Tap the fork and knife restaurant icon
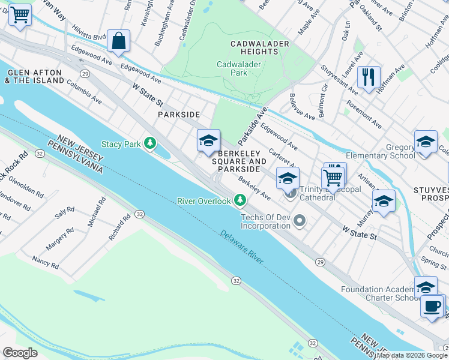pos(369,77)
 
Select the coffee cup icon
pos(432,307)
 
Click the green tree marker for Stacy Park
pos(149,143)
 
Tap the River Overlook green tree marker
pos(240,200)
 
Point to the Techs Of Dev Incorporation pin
pos(300,222)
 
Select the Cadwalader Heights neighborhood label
pos(260,48)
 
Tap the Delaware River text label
pos(241,246)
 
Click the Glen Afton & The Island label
pos(35,76)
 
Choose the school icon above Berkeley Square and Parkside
pos(208,141)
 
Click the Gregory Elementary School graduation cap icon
pos(425,142)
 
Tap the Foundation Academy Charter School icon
pos(426,287)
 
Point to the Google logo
pos(20,353)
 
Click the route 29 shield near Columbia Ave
pos(86,73)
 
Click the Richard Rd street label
pos(119,228)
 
